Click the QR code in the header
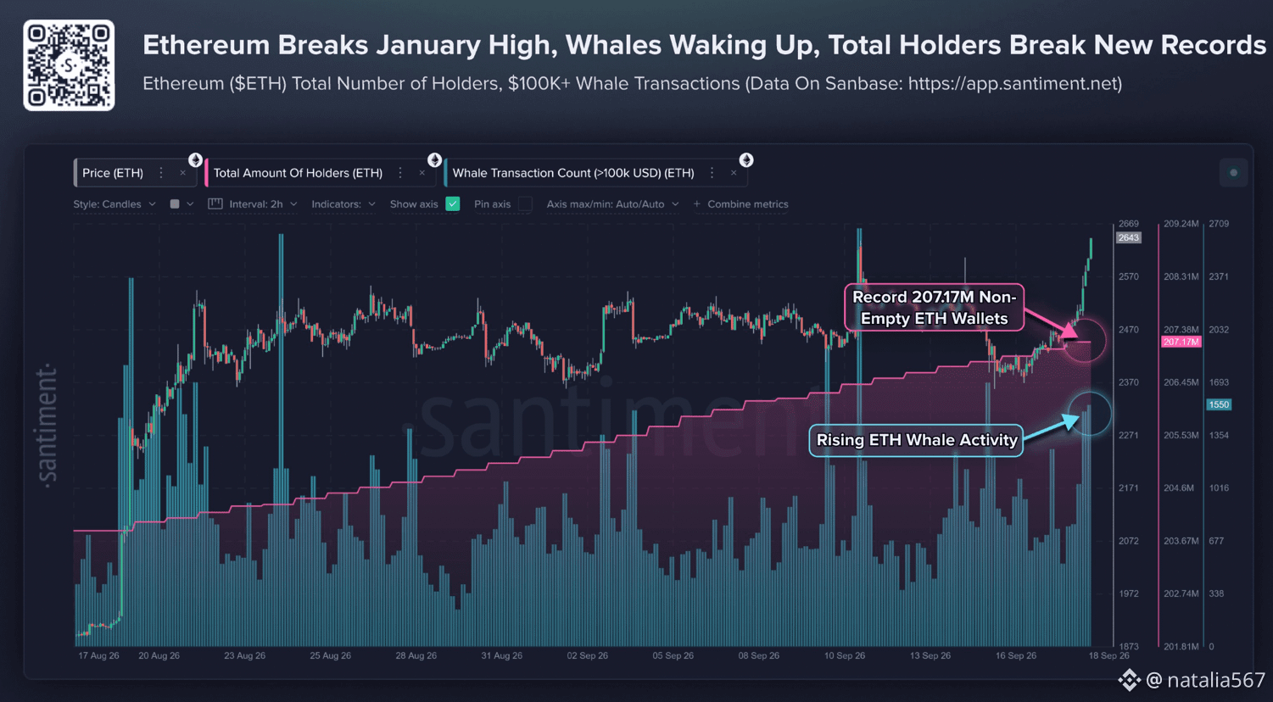point(69,65)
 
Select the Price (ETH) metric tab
point(113,173)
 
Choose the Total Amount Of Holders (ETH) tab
point(298,173)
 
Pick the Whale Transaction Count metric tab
point(572,173)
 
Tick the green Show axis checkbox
point(453,203)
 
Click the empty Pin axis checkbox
point(525,203)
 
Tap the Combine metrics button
point(741,203)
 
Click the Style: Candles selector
point(114,203)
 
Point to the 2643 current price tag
point(1129,237)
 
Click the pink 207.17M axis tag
point(1181,342)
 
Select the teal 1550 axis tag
point(1219,404)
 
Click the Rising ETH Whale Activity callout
point(916,440)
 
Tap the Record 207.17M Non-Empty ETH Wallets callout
point(935,307)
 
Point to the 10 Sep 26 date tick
point(845,655)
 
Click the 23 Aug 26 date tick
point(244,655)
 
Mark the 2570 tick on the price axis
point(1129,276)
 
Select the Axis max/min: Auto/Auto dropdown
point(612,203)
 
